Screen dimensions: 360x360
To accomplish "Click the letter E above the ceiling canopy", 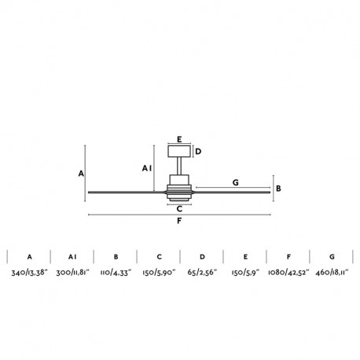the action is (179, 139).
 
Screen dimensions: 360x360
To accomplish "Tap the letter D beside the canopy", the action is (198, 152).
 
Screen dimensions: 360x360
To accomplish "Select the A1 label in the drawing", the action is (147, 168).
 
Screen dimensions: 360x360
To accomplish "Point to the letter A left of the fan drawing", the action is (81, 174).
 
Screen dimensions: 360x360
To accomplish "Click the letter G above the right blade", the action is (236, 182).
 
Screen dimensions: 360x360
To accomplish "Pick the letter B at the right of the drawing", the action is (278, 189).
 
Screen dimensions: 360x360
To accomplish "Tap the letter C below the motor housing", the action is (179, 209).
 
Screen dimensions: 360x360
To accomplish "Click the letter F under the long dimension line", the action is (179, 221).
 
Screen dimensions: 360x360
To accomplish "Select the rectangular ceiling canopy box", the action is (179, 151).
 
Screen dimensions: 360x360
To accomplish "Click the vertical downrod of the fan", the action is (179, 166).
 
